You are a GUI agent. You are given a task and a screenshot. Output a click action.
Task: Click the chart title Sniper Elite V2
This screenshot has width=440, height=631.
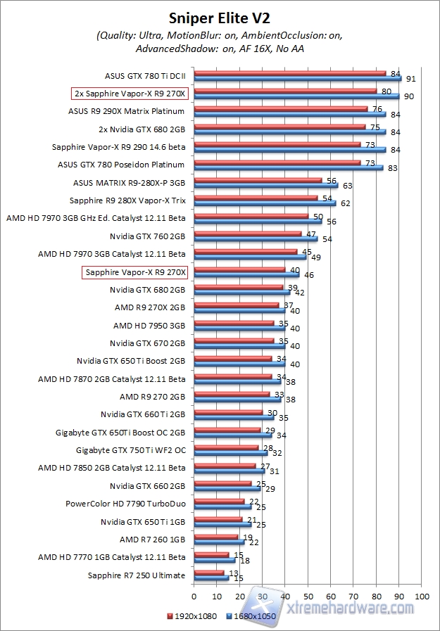tap(220, 16)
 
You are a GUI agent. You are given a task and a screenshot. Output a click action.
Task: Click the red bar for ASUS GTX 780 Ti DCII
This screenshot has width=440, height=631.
tap(289, 72)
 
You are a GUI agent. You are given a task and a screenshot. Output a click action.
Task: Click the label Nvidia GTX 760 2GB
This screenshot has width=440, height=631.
tap(147, 236)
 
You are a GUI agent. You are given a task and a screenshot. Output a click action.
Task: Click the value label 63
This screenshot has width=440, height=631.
tap(346, 186)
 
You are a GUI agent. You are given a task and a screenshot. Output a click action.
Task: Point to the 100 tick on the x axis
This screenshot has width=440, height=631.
tap(422, 597)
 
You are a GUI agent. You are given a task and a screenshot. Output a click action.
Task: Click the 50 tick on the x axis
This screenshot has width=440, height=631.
tap(308, 597)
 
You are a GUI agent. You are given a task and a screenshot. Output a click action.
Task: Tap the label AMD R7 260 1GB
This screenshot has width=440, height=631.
tap(152, 539)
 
